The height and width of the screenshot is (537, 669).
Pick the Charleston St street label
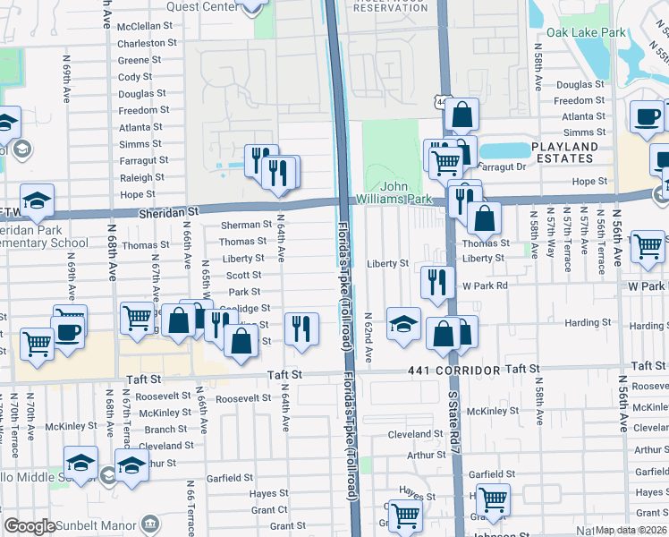(x=148, y=43)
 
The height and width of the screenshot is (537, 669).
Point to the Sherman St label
(x=246, y=226)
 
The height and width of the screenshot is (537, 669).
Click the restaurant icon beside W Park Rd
(x=435, y=282)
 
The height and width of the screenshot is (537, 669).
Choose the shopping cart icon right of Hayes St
(x=493, y=499)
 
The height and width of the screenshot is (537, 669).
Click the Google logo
(x=30, y=526)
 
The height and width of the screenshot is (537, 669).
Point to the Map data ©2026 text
(x=631, y=530)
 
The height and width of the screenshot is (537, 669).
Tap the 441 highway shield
(x=441, y=104)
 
